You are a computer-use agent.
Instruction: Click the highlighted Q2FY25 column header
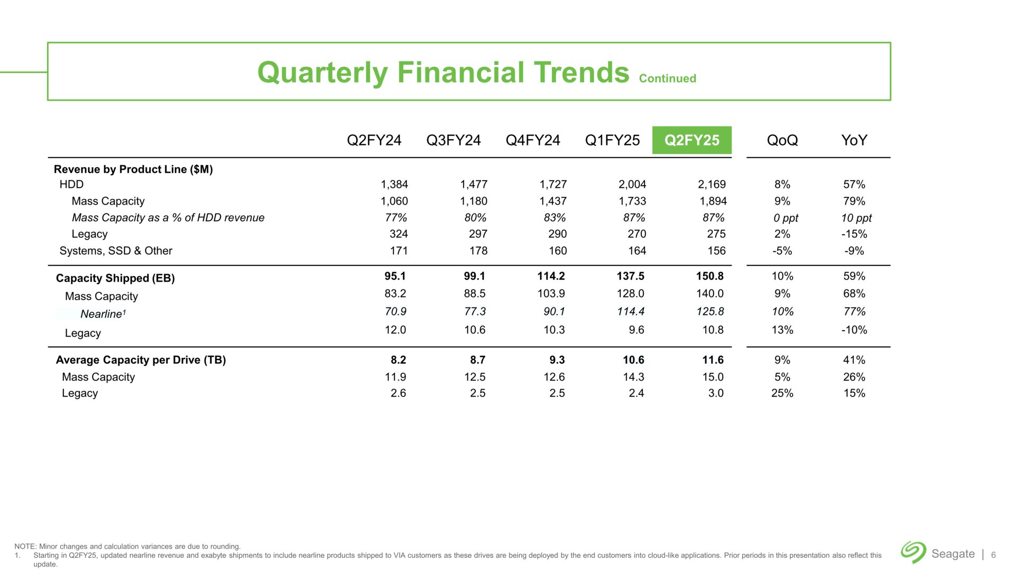[x=691, y=140]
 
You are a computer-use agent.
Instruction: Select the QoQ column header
[x=782, y=140]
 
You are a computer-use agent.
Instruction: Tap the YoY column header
[x=854, y=140]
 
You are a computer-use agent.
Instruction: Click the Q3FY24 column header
[x=453, y=140]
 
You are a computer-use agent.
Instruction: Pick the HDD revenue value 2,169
[x=712, y=185]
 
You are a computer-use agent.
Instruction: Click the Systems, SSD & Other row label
[x=116, y=251]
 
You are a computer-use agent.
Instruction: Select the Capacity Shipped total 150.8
[x=709, y=276]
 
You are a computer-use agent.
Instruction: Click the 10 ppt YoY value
[x=856, y=218]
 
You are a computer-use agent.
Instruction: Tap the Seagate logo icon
[x=913, y=552]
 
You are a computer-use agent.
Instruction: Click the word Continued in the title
[x=667, y=78]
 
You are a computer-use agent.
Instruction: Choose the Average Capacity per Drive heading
[x=141, y=360]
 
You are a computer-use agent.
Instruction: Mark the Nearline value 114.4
[x=630, y=311]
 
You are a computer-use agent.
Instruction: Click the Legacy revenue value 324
[x=399, y=234]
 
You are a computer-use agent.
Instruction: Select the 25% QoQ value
[x=782, y=393]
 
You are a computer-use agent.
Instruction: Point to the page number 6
[x=993, y=555]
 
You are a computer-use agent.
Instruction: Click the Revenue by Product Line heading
[x=133, y=169]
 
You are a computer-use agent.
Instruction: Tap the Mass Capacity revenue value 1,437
[x=553, y=201]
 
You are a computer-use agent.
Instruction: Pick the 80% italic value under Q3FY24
[x=475, y=218]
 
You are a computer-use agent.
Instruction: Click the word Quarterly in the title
[x=322, y=72]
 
